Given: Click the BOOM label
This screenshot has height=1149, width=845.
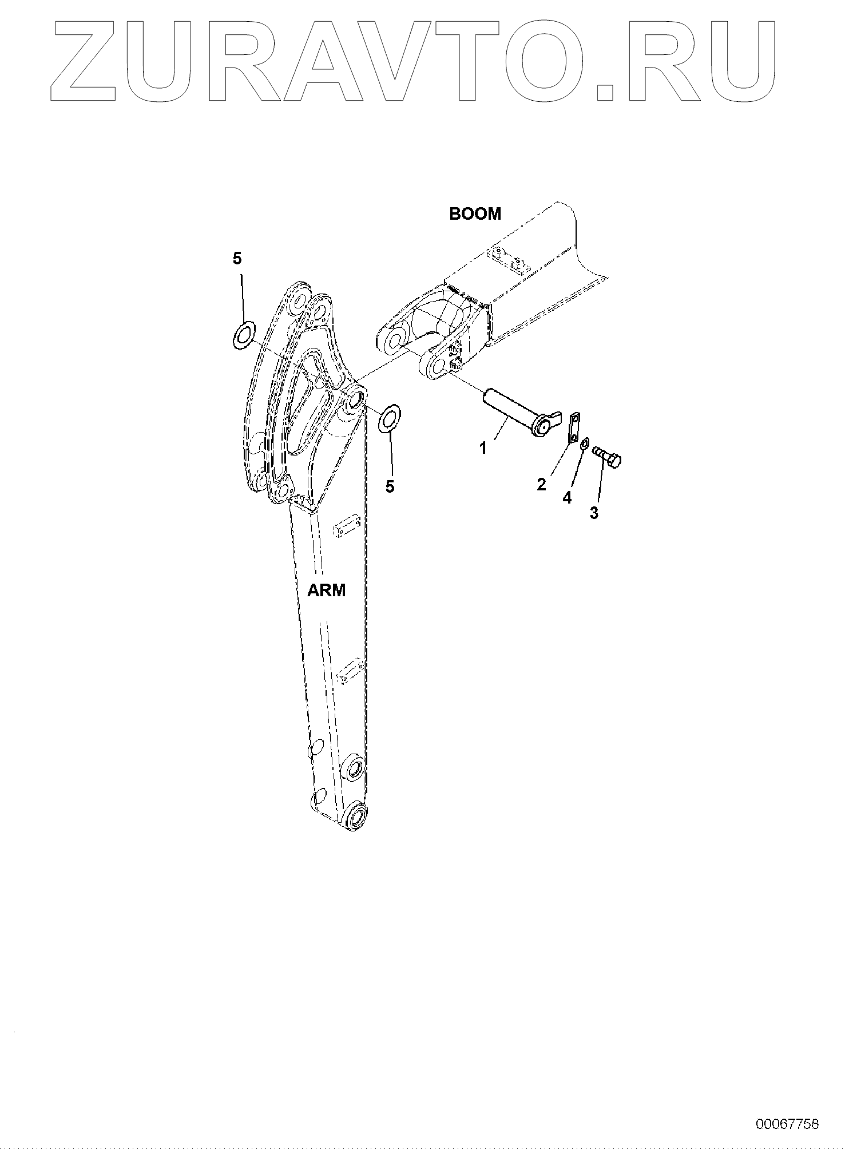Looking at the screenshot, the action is [x=475, y=214].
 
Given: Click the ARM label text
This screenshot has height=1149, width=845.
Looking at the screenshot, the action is [x=327, y=591].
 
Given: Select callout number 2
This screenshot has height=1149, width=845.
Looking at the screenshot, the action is [x=541, y=485].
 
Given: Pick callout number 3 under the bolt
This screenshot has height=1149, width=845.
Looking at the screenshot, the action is [x=594, y=513].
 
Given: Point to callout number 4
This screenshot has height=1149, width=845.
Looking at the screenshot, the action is [x=567, y=498].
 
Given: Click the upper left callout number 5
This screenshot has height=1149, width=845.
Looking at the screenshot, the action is [x=237, y=259].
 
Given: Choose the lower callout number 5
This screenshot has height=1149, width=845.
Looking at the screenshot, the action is [x=390, y=486].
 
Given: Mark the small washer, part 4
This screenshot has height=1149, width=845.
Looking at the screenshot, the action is [x=585, y=445].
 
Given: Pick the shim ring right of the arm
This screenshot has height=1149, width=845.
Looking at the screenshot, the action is [x=390, y=419].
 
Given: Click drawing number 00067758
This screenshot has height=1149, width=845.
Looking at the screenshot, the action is [x=787, y=1124].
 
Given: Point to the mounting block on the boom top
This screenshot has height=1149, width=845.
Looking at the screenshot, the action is [x=508, y=260].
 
